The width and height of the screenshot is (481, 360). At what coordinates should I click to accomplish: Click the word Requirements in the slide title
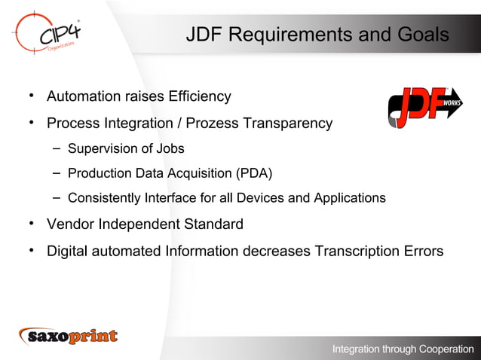(x=291, y=35)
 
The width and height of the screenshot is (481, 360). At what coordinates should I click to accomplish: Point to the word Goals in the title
(x=421, y=35)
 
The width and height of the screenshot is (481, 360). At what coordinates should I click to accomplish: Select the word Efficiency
(x=199, y=96)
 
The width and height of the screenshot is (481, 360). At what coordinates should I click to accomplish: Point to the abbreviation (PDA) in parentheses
(x=254, y=173)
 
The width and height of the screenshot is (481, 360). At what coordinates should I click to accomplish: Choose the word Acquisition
(x=196, y=173)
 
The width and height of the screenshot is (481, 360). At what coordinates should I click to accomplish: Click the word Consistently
(x=107, y=199)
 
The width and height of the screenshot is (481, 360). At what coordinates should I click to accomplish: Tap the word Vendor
(x=70, y=224)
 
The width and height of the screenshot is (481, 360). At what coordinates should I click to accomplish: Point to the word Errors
(x=423, y=250)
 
